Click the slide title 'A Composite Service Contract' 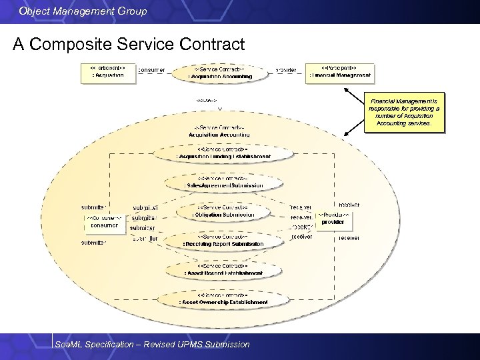(129, 45)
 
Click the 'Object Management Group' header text (83, 11)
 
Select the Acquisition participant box (107, 72)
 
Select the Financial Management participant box (339, 72)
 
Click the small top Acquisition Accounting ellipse (219, 73)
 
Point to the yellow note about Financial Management (403, 111)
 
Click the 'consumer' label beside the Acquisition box (151, 69)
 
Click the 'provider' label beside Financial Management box (286, 69)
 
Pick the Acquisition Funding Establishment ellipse (223, 153)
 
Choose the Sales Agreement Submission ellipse (223, 182)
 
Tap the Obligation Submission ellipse (223, 211)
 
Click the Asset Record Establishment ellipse (223, 269)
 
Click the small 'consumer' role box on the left (104, 222)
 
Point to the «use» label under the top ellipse (207, 101)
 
